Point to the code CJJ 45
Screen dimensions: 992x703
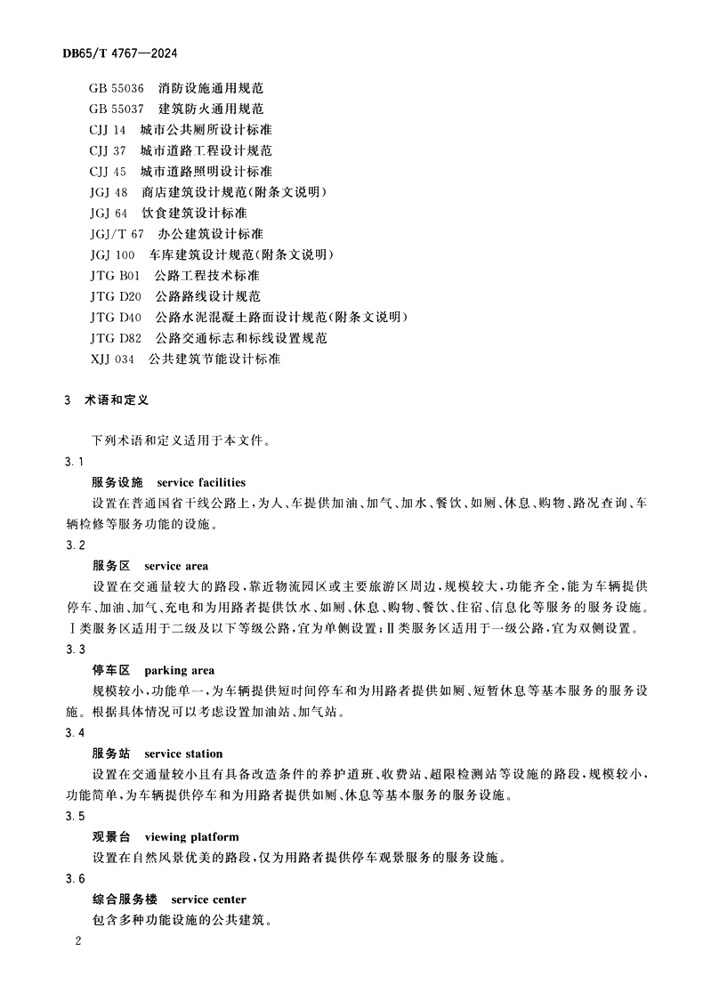tap(109, 171)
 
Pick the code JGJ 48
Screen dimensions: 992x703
tap(109, 192)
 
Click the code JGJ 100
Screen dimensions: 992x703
tap(112, 254)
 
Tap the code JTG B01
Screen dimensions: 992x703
tap(116, 275)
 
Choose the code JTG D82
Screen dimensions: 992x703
tap(116, 338)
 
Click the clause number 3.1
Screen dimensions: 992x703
tap(75, 462)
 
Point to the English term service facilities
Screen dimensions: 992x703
tap(201, 482)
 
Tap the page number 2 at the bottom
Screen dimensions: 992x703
tap(78, 941)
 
